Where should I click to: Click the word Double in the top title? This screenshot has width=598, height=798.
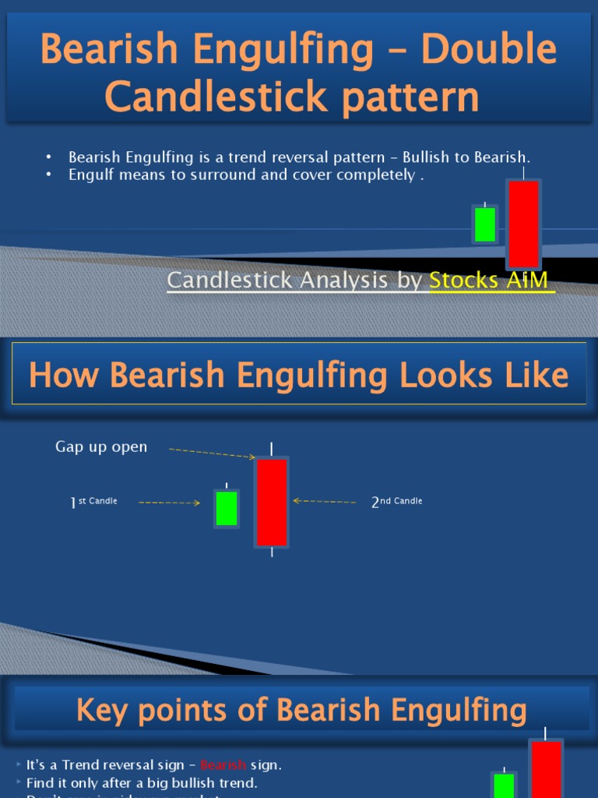pyautogui.click(x=489, y=50)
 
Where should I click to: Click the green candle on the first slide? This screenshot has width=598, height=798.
pyautogui.click(x=485, y=224)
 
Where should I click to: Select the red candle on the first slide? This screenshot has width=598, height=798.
pyautogui.click(x=523, y=224)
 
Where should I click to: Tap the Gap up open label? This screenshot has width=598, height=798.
pyautogui.click(x=101, y=447)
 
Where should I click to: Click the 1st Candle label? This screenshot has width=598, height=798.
pyautogui.click(x=94, y=502)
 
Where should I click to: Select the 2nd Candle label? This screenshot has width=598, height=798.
pyautogui.click(x=397, y=502)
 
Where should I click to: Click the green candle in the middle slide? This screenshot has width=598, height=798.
pyautogui.click(x=227, y=509)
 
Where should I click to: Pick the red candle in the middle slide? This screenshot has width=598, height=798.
pyautogui.click(x=272, y=503)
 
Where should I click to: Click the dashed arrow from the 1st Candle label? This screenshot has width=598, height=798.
pyautogui.click(x=169, y=503)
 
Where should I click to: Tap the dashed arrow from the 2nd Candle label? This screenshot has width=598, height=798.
pyautogui.click(x=325, y=502)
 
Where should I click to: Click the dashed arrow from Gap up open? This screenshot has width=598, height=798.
pyautogui.click(x=212, y=453)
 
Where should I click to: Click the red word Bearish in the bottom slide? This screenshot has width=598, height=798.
pyautogui.click(x=223, y=765)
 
